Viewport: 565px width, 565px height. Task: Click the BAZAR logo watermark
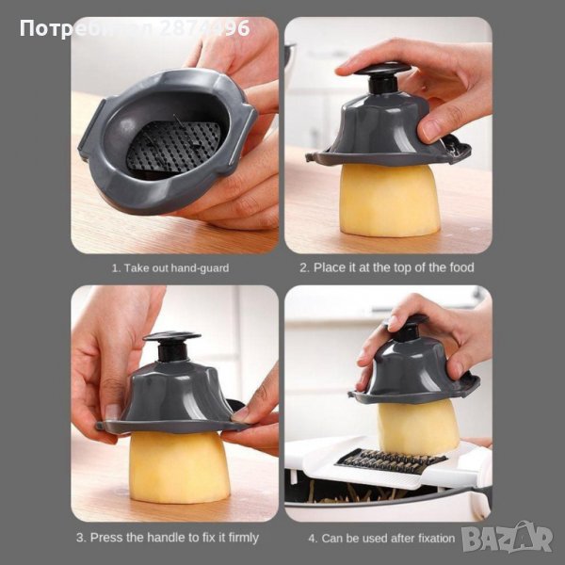[x=507, y=539]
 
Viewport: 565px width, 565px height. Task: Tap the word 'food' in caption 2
[x=461, y=267]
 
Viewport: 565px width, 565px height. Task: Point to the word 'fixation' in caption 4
[x=436, y=539]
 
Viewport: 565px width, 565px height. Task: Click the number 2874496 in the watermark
[x=204, y=28]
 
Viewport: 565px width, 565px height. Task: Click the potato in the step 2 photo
[x=390, y=200]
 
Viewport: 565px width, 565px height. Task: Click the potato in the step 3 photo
[x=179, y=467]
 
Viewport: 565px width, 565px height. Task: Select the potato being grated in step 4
[x=418, y=427]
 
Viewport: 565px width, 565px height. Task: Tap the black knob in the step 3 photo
[x=172, y=346]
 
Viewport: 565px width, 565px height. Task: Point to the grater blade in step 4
[x=391, y=461]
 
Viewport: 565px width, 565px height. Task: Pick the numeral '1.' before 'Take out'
[x=116, y=268]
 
